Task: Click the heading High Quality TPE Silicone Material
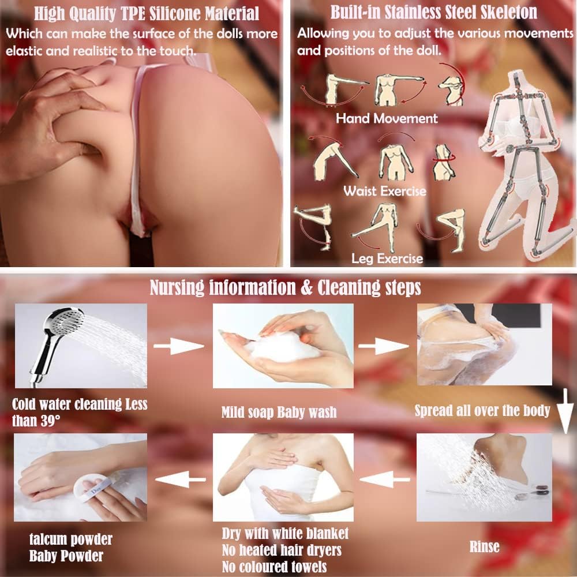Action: click(147, 14)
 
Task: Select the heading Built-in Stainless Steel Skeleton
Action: click(433, 12)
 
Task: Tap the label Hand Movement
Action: click(387, 118)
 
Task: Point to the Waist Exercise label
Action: click(384, 191)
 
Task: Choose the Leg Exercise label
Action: click(387, 258)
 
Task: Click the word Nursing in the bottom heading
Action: click(177, 287)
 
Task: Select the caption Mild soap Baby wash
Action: click(279, 412)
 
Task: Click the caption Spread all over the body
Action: click(482, 410)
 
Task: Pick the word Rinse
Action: click(484, 547)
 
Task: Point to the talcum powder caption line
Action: click(70, 539)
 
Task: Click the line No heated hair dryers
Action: click(282, 550)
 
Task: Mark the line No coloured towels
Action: click(274, 567)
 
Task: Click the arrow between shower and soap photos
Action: click(178, 346)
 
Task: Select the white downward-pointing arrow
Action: click(565, 411)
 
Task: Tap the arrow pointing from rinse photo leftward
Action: click(384, 479)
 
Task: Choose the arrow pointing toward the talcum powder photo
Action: click(180, 479)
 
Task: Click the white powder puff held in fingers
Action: click(92, 488)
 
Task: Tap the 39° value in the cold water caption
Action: click(50, 421)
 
